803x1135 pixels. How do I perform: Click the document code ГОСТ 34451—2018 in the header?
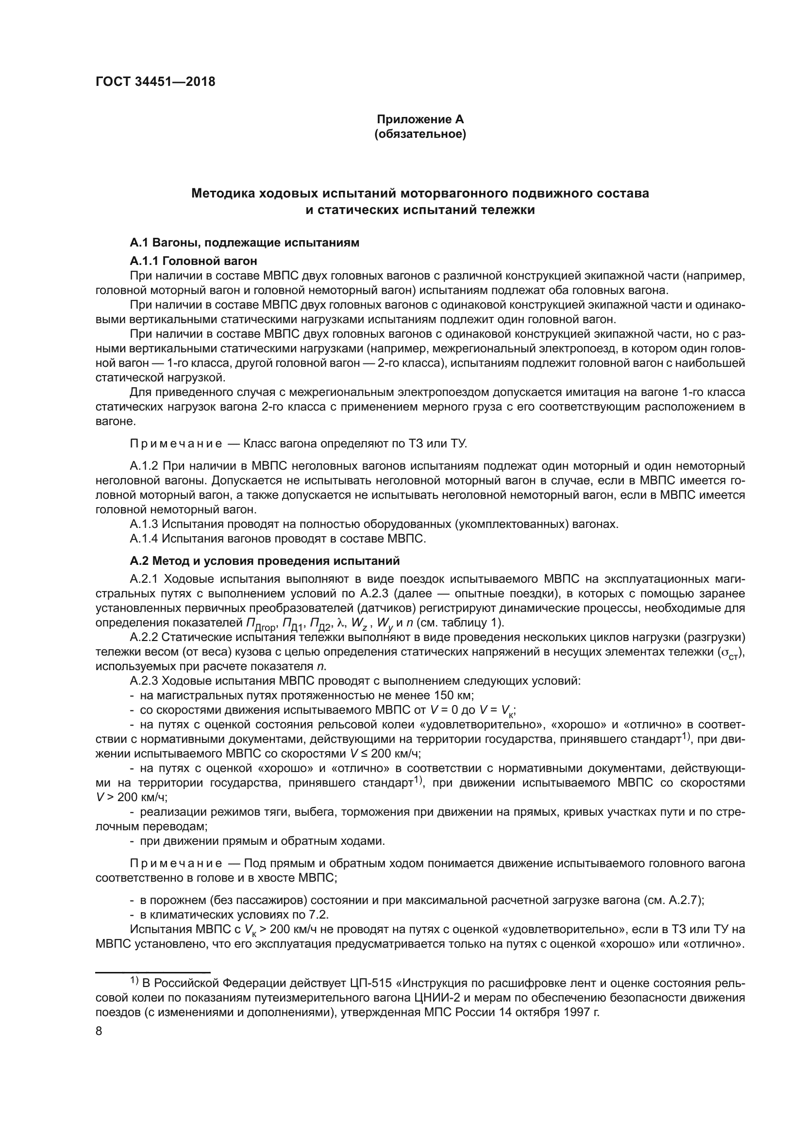(x=155, y=82)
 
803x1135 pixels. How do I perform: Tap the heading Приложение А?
(x=420, y=119)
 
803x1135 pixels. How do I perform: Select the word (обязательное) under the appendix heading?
(x=420, y=134)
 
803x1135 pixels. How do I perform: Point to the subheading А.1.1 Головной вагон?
(x=193, y=261)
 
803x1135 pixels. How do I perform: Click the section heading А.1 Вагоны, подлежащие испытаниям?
(x=244, y=243)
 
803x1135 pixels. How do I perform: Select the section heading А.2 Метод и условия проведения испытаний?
(x=265, y=561)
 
